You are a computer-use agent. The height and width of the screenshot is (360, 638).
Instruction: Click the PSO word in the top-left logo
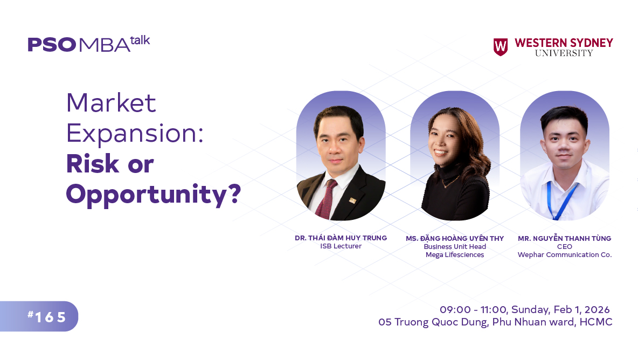[52, 45]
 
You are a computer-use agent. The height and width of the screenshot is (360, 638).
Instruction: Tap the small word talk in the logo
[140, 40]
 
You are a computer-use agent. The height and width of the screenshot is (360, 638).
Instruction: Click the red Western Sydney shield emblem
[500, 47]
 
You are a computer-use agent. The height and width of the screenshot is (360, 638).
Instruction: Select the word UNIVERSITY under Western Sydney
[564, 53]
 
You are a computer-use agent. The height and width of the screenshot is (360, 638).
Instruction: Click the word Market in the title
[111, 102]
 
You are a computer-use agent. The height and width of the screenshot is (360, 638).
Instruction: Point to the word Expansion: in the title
[134, 133]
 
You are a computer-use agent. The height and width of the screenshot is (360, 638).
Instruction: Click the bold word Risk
[91, 164]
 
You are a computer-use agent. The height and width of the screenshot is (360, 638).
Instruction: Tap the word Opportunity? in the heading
[153, 195]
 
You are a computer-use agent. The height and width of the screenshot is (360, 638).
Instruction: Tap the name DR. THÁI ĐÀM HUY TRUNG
[341, 238]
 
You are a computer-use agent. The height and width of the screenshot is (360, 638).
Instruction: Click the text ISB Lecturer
[341, 246]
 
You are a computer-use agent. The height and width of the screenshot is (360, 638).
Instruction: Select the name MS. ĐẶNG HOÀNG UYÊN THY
[454, 238]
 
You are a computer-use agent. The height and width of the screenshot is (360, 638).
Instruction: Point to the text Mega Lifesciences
[455, 255]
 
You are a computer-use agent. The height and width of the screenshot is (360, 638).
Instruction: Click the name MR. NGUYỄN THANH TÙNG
[564, 238]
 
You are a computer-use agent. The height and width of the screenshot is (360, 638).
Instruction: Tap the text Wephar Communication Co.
[564, 255]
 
